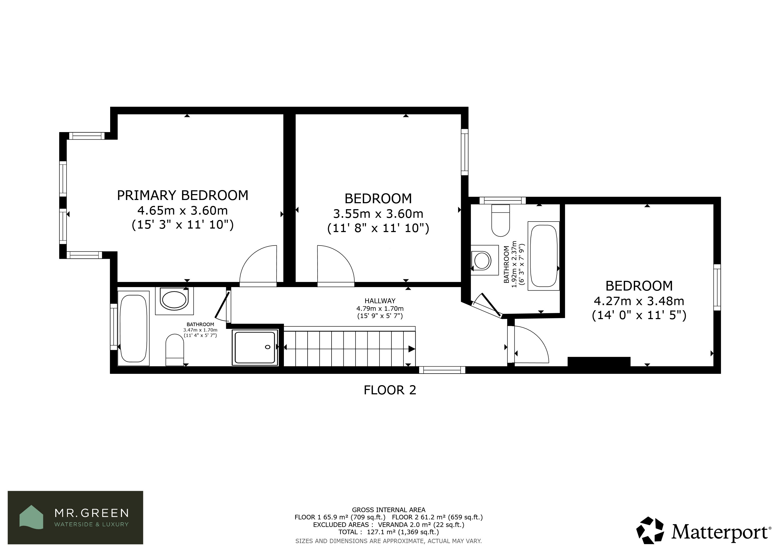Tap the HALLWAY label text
point(380,301)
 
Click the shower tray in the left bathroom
point(255,347)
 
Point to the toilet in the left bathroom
point(175,350)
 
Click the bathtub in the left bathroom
point(134,328)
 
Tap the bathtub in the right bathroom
point(544,256)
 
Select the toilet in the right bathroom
point(501,220)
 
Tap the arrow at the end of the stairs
point(411,349)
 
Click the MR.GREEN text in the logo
point(92,513)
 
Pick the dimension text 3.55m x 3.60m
point(378,214)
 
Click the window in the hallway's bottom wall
point(442,370)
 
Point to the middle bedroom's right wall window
point(464,152)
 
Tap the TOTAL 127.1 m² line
point(389,532)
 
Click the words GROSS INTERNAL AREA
point(389,510)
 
